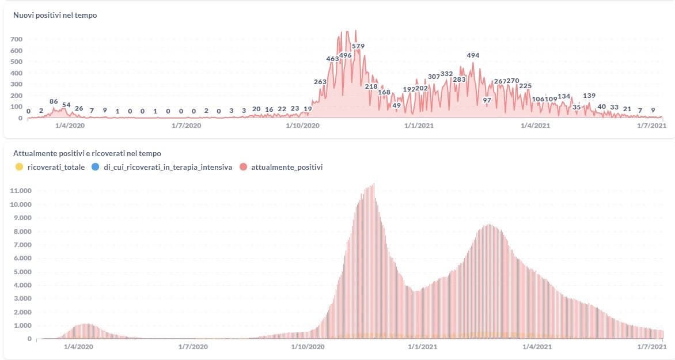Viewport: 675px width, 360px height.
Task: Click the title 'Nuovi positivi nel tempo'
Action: (55, 16)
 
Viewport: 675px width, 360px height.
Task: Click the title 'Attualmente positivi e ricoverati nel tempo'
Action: (87, 154)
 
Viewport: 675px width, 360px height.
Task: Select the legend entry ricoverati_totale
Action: (56, 167)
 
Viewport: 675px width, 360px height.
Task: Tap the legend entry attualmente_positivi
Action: (287, 167)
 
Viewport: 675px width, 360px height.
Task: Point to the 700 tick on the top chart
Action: (16, 39)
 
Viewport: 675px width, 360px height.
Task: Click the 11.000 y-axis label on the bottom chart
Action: (21, 191)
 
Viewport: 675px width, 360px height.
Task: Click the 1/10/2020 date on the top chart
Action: (302, 126)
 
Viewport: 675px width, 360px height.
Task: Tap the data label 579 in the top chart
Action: (358, 46)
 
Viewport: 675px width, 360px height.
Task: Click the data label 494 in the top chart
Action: (473, 55)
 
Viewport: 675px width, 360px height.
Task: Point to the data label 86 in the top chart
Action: (54, 101)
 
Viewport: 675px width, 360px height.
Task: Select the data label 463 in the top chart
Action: (332, 59)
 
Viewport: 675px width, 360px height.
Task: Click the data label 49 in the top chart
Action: (396, 105)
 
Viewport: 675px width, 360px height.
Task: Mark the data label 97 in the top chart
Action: (487, 100)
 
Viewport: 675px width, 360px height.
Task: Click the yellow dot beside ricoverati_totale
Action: (19, 167)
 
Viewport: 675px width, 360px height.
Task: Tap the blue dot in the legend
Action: (95, 167)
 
